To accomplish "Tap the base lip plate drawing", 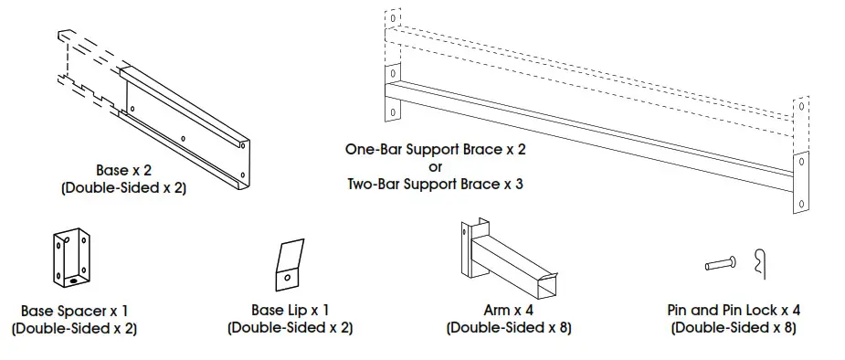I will tap(290, 264).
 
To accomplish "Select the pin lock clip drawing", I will tap(760, 264).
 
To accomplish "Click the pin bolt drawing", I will tap(723, 265).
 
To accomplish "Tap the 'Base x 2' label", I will tap(124, 170).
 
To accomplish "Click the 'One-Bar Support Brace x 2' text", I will tap(435, 149).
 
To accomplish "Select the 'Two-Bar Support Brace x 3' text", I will tap(435, 184).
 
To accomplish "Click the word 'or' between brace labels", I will tap(435, 166).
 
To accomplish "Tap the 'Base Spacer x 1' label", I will tap(74, 311).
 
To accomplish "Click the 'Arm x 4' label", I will tap(508, 311).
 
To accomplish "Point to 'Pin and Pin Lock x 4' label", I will tap(734, 311).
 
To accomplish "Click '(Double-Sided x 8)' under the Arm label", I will tap(508, 327).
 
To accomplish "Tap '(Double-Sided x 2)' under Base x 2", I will tap(124, 188).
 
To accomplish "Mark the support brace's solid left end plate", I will tap(393, 92).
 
